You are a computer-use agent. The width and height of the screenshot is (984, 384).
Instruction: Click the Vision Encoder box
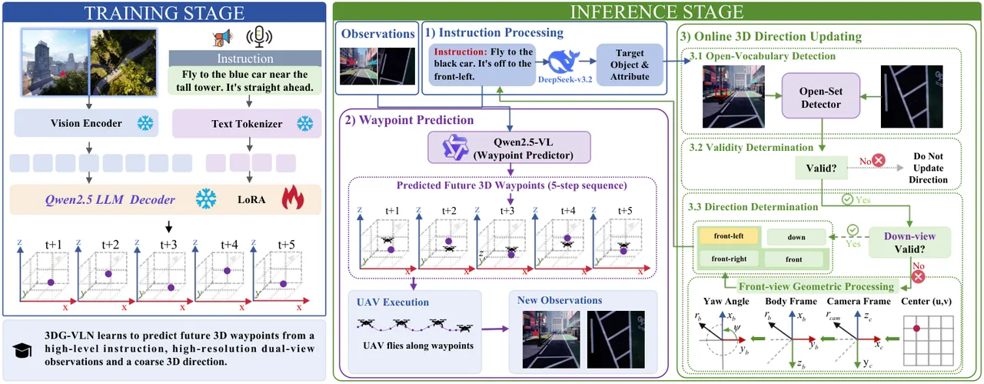[x=86, y=123]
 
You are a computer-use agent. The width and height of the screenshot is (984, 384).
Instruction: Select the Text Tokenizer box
[x=247, y=124]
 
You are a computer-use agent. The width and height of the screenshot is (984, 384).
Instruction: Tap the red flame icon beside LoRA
[x=293, y=198]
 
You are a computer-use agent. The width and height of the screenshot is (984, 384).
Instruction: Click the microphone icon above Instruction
[x=259, y=36]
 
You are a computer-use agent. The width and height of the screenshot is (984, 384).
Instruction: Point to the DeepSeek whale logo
[x=564, y=61]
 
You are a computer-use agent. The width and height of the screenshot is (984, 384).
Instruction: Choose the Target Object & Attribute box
[x=630, y=65]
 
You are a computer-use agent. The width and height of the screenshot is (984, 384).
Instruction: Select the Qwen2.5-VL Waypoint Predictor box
[x=509, y=148]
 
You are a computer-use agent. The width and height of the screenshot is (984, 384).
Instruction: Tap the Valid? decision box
[x=821, y=168]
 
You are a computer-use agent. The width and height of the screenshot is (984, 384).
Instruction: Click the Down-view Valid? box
[x=909, y=242]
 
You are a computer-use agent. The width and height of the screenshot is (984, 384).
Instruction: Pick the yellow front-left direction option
[x=728, y=235]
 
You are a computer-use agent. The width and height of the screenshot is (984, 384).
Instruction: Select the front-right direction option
[x=729, y=259]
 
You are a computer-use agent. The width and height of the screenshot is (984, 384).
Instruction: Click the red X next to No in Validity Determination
[x=879, y=160]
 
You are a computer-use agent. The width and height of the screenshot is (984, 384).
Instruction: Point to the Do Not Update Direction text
[x=928, y=168]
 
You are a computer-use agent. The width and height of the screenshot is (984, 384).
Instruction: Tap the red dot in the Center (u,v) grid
[x=916, y=328]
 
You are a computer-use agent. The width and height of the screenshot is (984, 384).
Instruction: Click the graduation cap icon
[x=22, y=350]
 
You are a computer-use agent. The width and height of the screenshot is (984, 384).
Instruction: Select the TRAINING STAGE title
[x=165, y=13]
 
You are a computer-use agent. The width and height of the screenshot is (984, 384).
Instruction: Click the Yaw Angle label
[x=726, y=302]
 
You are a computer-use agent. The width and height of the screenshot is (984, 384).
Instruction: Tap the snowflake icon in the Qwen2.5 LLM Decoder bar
[x=206, y=199]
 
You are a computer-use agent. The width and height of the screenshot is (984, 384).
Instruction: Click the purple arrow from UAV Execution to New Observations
[x=495, y=329]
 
